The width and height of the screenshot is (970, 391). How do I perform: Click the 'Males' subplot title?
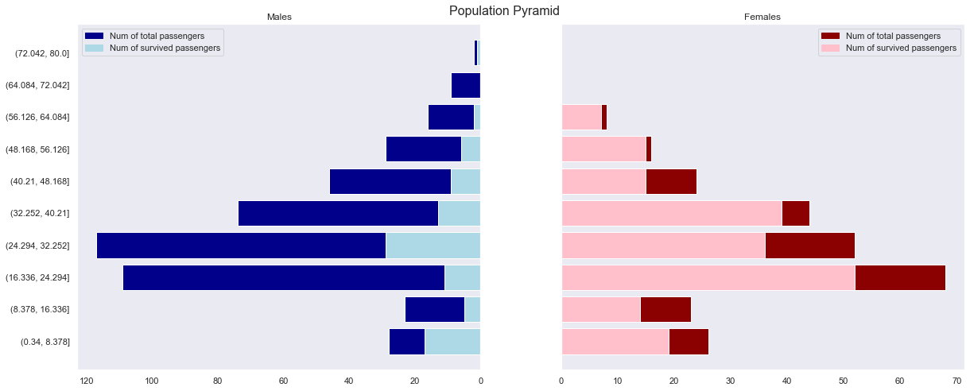(279, 17)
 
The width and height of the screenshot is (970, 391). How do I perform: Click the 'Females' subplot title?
(762, 17)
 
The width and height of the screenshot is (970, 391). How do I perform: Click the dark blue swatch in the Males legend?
(94, 36)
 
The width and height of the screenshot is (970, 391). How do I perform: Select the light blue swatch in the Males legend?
(94, 48)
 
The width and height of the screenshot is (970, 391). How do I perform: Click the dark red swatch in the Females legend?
(830, 36)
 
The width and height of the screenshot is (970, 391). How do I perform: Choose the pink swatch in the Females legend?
(830, 48)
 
